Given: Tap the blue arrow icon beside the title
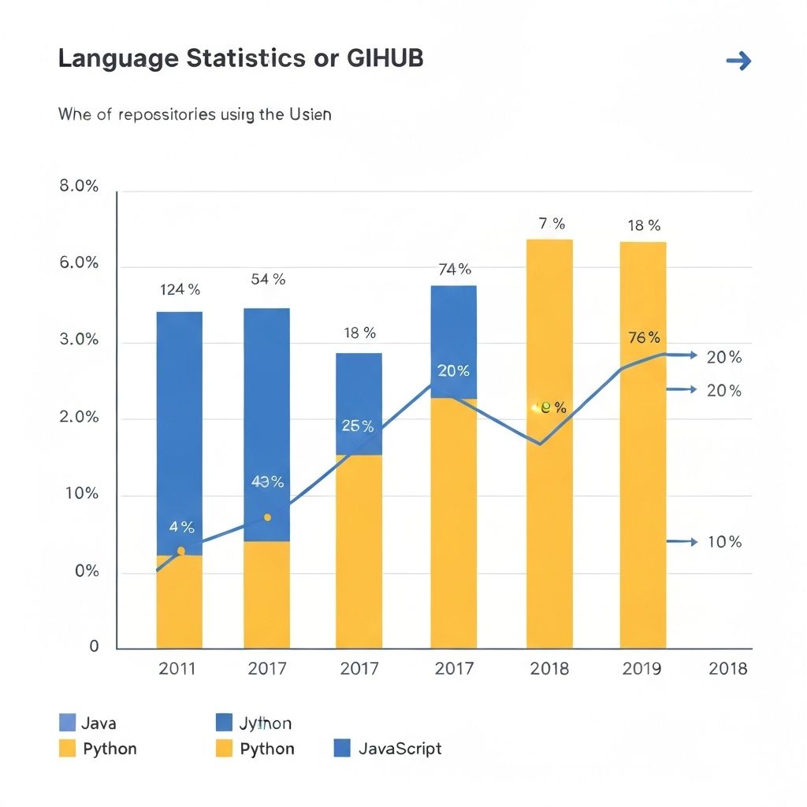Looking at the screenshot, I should pos(738,61).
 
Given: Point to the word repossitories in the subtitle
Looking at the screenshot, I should pos(167,114).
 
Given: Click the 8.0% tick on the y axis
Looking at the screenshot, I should pos(79,187).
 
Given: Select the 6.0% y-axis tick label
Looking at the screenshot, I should pos(79,262).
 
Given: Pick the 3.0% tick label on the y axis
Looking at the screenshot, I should pos(79,340).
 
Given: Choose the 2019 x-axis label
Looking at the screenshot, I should pos(642,669).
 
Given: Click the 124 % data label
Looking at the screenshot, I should pos(180,289).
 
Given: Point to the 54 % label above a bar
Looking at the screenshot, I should pos(268,279).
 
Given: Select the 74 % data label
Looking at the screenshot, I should pos(454,270).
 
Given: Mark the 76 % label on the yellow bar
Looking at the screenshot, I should pos(644,338).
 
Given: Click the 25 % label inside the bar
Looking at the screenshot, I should pos(358,426).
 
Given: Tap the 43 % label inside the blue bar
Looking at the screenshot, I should pos(267,482).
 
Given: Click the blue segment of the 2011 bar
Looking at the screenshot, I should pos(179,426).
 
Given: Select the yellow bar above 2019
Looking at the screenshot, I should pos(642,473).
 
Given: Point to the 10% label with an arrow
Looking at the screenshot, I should pos(723,542).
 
